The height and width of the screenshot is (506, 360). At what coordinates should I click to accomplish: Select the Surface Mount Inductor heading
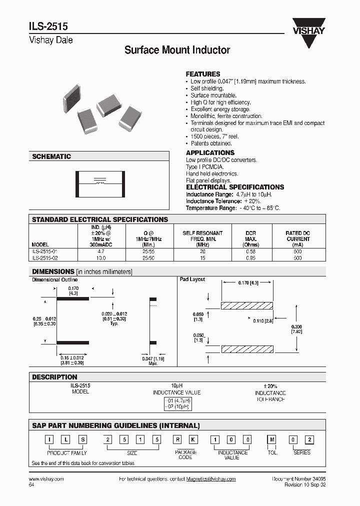pos(177,50)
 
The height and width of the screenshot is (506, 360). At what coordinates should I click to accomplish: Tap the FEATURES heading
pos(203,73)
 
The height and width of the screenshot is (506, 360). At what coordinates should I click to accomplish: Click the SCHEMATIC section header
pos(51,156)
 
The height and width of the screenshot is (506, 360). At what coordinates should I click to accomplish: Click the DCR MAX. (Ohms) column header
pos(251,239)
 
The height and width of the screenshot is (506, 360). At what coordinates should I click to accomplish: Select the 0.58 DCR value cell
pos(251,251)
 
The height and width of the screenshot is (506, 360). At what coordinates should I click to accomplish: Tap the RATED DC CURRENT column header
pos(297,236)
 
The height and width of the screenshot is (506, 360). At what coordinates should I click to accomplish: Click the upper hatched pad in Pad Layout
pos(246,305)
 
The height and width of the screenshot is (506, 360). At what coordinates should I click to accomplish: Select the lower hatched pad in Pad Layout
pos(246,348)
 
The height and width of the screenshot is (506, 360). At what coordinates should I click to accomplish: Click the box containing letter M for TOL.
pos(272,439)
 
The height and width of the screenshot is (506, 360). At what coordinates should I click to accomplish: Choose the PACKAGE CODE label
pos(185,454)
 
